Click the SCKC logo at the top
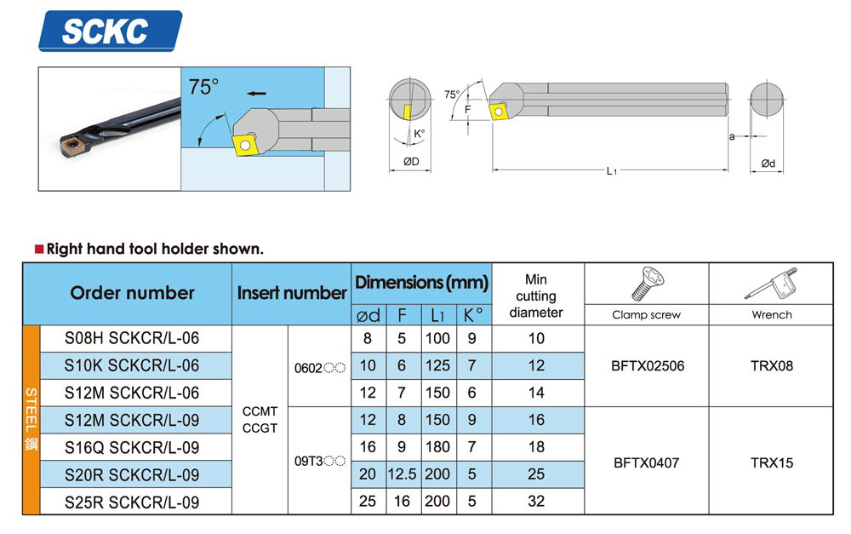[x=110, y=32]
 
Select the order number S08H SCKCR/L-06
[x=132, y=338]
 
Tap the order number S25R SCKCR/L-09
[x=132, y=502]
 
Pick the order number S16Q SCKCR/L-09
[x=132, y=447]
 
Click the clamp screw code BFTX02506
[x=647, y=366]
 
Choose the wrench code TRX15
[x=772, y=463]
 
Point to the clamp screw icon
[x=648, y=284]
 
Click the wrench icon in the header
[x=771, y=284]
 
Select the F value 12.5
[x=403, y=474]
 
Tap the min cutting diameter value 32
[x=536, y=502]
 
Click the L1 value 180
[x=437, y=447]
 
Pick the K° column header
[x=473, y=315]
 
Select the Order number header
[x=132, y=293]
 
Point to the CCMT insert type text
[x=260, y=412]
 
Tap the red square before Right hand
[x=38, y=250]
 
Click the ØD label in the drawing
[x=410, y=161]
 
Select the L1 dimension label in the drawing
[x=610, y=171]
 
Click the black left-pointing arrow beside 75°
[x=254, y=93]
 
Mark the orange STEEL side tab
[x=31, y=420]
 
